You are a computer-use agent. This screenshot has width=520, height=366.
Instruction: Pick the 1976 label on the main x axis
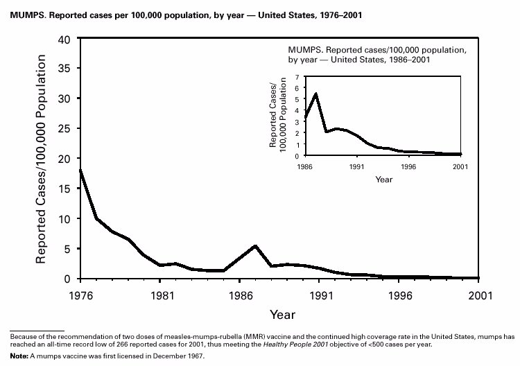[80, 293]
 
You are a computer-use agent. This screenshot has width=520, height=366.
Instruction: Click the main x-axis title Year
[282, 315]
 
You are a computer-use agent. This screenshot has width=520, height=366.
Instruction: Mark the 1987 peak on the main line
[256, 246]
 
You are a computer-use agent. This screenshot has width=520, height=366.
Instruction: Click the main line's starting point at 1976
[81, 170]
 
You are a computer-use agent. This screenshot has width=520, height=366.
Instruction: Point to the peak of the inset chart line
[316, 94]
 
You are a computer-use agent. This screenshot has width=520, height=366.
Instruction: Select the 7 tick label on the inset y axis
[297, 77]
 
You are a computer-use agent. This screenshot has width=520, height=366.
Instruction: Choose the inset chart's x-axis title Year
[383, 180]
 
